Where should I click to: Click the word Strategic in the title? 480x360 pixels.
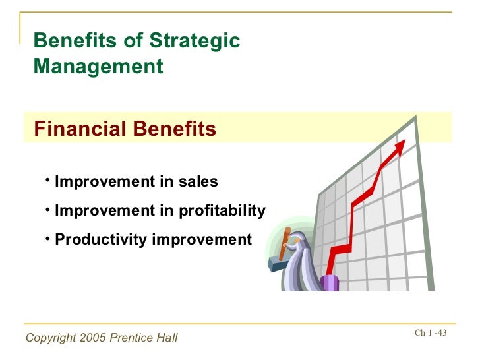[x=195, y=41]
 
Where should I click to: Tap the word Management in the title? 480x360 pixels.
[x=98, y=66]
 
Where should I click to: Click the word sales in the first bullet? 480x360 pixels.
[x=198, y=181]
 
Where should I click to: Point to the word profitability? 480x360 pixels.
[x=222, y=211]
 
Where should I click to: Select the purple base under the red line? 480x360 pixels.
[x=330, y=283]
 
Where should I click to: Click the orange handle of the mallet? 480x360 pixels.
[x=285, y=244]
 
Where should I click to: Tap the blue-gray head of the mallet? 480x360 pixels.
[x=277, y=264]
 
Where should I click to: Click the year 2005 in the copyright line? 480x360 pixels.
[x=93, y=338]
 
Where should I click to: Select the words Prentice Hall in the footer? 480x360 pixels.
[x=144, y=338]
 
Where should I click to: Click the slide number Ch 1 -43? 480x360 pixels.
[x=431, y=332]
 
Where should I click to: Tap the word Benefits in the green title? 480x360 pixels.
[x=75, y=40]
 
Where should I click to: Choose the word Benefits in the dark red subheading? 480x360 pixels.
[x=175, y=129]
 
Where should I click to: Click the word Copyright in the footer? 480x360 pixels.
[x=51, y=338]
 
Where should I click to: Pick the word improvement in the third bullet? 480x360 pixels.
[x=202, y=240]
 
